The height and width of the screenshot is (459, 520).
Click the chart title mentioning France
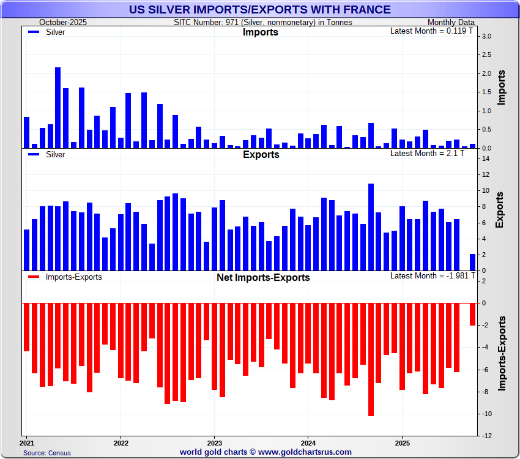tap(259, 9)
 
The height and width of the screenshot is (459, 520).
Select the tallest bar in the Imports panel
tap(58, 108)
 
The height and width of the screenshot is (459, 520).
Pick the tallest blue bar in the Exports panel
tap(371, 227)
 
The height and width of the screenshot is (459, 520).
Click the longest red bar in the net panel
tap(371, 359)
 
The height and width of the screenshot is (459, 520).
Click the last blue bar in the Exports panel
tap(472, 262)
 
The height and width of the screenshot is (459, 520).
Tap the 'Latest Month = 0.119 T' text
tap(427, 30)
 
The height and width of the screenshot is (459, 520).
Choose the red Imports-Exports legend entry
tap(65, 277)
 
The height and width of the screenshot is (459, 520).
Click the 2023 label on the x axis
tap(215, 442)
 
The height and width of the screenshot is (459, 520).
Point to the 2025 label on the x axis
tap(402, 442)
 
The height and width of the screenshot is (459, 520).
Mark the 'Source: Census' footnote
tap(47, 453)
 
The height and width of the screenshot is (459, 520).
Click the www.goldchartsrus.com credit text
tap(266, 452)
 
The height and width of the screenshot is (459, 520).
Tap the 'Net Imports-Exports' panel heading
tap(263, 277)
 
